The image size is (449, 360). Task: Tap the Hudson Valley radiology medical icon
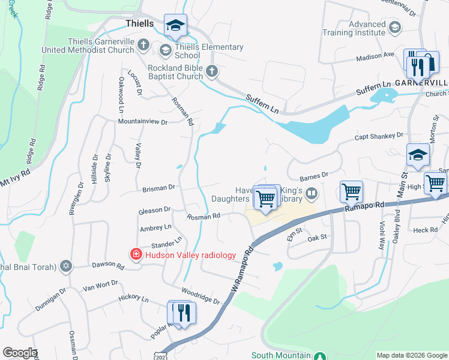(136, 255)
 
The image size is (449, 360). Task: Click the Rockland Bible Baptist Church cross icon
(211, 72)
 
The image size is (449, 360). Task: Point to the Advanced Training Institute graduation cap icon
(395, 28)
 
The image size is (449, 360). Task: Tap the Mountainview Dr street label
(143, 121)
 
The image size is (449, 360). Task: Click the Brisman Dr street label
(158, 188)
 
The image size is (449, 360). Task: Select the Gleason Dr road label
(155, 211)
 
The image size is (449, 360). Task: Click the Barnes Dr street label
(313, 176)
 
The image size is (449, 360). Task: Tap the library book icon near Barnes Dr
(311, 193)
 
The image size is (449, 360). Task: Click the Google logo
(20, 352)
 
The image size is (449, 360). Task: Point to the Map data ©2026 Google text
(412, 355)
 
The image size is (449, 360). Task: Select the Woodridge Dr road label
(201, 298)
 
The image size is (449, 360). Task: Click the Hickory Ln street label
(134, 298)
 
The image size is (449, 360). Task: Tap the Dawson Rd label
(107, 265)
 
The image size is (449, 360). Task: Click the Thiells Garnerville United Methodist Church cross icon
(143, 45)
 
